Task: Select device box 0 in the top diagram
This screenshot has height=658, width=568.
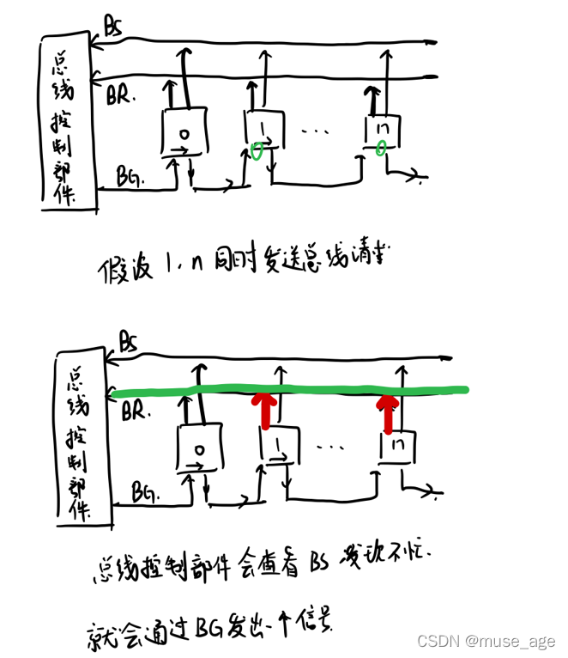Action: [182, 132]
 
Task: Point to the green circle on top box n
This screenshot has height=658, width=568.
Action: [380, 149]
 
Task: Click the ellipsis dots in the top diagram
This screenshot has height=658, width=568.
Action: [316, 131]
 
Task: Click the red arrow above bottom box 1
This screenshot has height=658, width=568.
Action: [265, 411]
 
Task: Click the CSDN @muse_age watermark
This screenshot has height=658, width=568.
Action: [485, 641]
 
